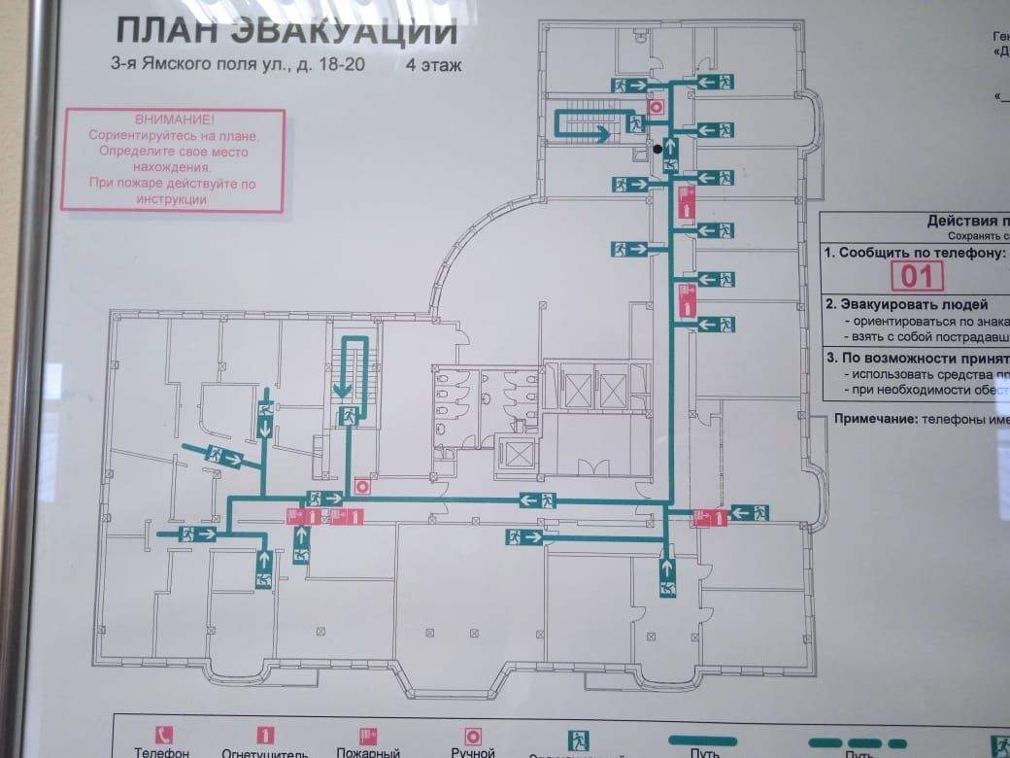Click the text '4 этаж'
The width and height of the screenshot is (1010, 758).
(435, 67)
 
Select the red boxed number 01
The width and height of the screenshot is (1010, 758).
(917, 277)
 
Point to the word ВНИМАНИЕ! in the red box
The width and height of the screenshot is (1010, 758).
(175, 119)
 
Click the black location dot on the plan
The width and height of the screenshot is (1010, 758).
(659, 150)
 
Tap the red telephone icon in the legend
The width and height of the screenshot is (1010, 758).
(162, 736)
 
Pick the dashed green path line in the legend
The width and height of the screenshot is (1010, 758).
(857, 743)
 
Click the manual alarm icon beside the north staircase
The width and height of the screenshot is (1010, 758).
(656, 107)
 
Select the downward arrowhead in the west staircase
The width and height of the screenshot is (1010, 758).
(342, 391)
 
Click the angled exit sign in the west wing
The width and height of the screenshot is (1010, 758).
(225, 455)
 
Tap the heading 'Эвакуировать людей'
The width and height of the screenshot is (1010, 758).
(906, 304)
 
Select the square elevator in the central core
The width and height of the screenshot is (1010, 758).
(516, 453)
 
